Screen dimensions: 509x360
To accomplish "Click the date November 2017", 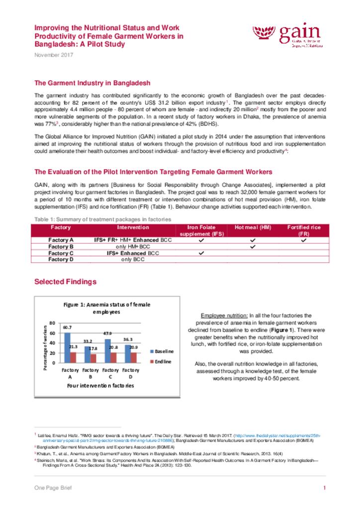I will point(54,55).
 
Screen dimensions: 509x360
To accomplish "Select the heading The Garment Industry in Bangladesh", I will point(92,83).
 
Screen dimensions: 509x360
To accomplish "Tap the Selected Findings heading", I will point(65,282).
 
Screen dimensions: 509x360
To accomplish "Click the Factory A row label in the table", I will point(61,240).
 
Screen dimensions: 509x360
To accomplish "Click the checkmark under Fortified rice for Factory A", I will point(303,240).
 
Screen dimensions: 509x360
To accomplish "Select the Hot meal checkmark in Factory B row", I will point(252,246).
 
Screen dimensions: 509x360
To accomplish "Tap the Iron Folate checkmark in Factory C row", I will point(201,253).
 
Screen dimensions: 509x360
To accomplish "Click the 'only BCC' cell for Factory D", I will point(133,259).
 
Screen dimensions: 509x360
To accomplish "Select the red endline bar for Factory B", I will point(93,358).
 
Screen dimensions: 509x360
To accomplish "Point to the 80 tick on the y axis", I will point(52,324).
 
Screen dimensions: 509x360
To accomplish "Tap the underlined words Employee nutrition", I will point(224,316).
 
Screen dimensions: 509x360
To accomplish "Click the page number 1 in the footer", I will point(324,488).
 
